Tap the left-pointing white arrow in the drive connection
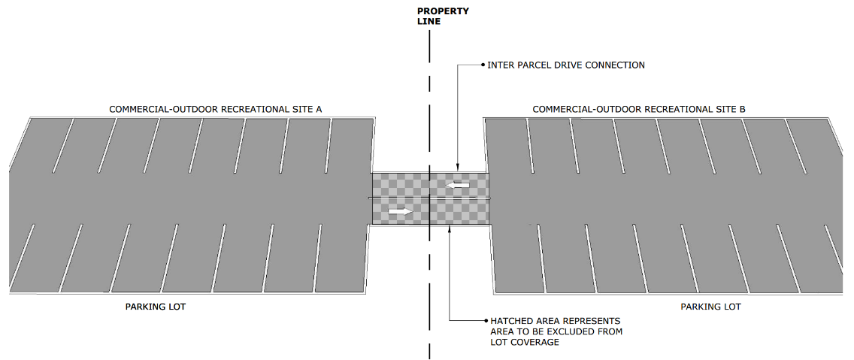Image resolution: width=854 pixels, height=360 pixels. tap(457, 184)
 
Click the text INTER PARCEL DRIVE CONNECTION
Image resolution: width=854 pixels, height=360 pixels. tap(565, 65)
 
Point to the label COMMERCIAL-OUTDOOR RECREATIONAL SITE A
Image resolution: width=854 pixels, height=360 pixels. tap(215, 110)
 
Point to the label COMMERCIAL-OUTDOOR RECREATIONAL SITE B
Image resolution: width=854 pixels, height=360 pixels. tap(638, 110)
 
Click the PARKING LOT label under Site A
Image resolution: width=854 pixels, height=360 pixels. tap(155, 307)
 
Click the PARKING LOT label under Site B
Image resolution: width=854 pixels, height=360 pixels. tap(710, 307)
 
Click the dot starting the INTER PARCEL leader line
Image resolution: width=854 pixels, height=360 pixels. tap(483, 65)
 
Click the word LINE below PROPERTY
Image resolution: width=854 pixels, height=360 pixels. tap(429, 22)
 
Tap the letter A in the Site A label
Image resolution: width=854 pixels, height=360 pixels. tap(319, 110)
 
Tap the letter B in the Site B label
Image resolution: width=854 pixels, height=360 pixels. tap(742, 110)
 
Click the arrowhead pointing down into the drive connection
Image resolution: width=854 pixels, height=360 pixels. tap(456, 168)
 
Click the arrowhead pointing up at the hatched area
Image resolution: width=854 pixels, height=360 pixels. tap(448, 229)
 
